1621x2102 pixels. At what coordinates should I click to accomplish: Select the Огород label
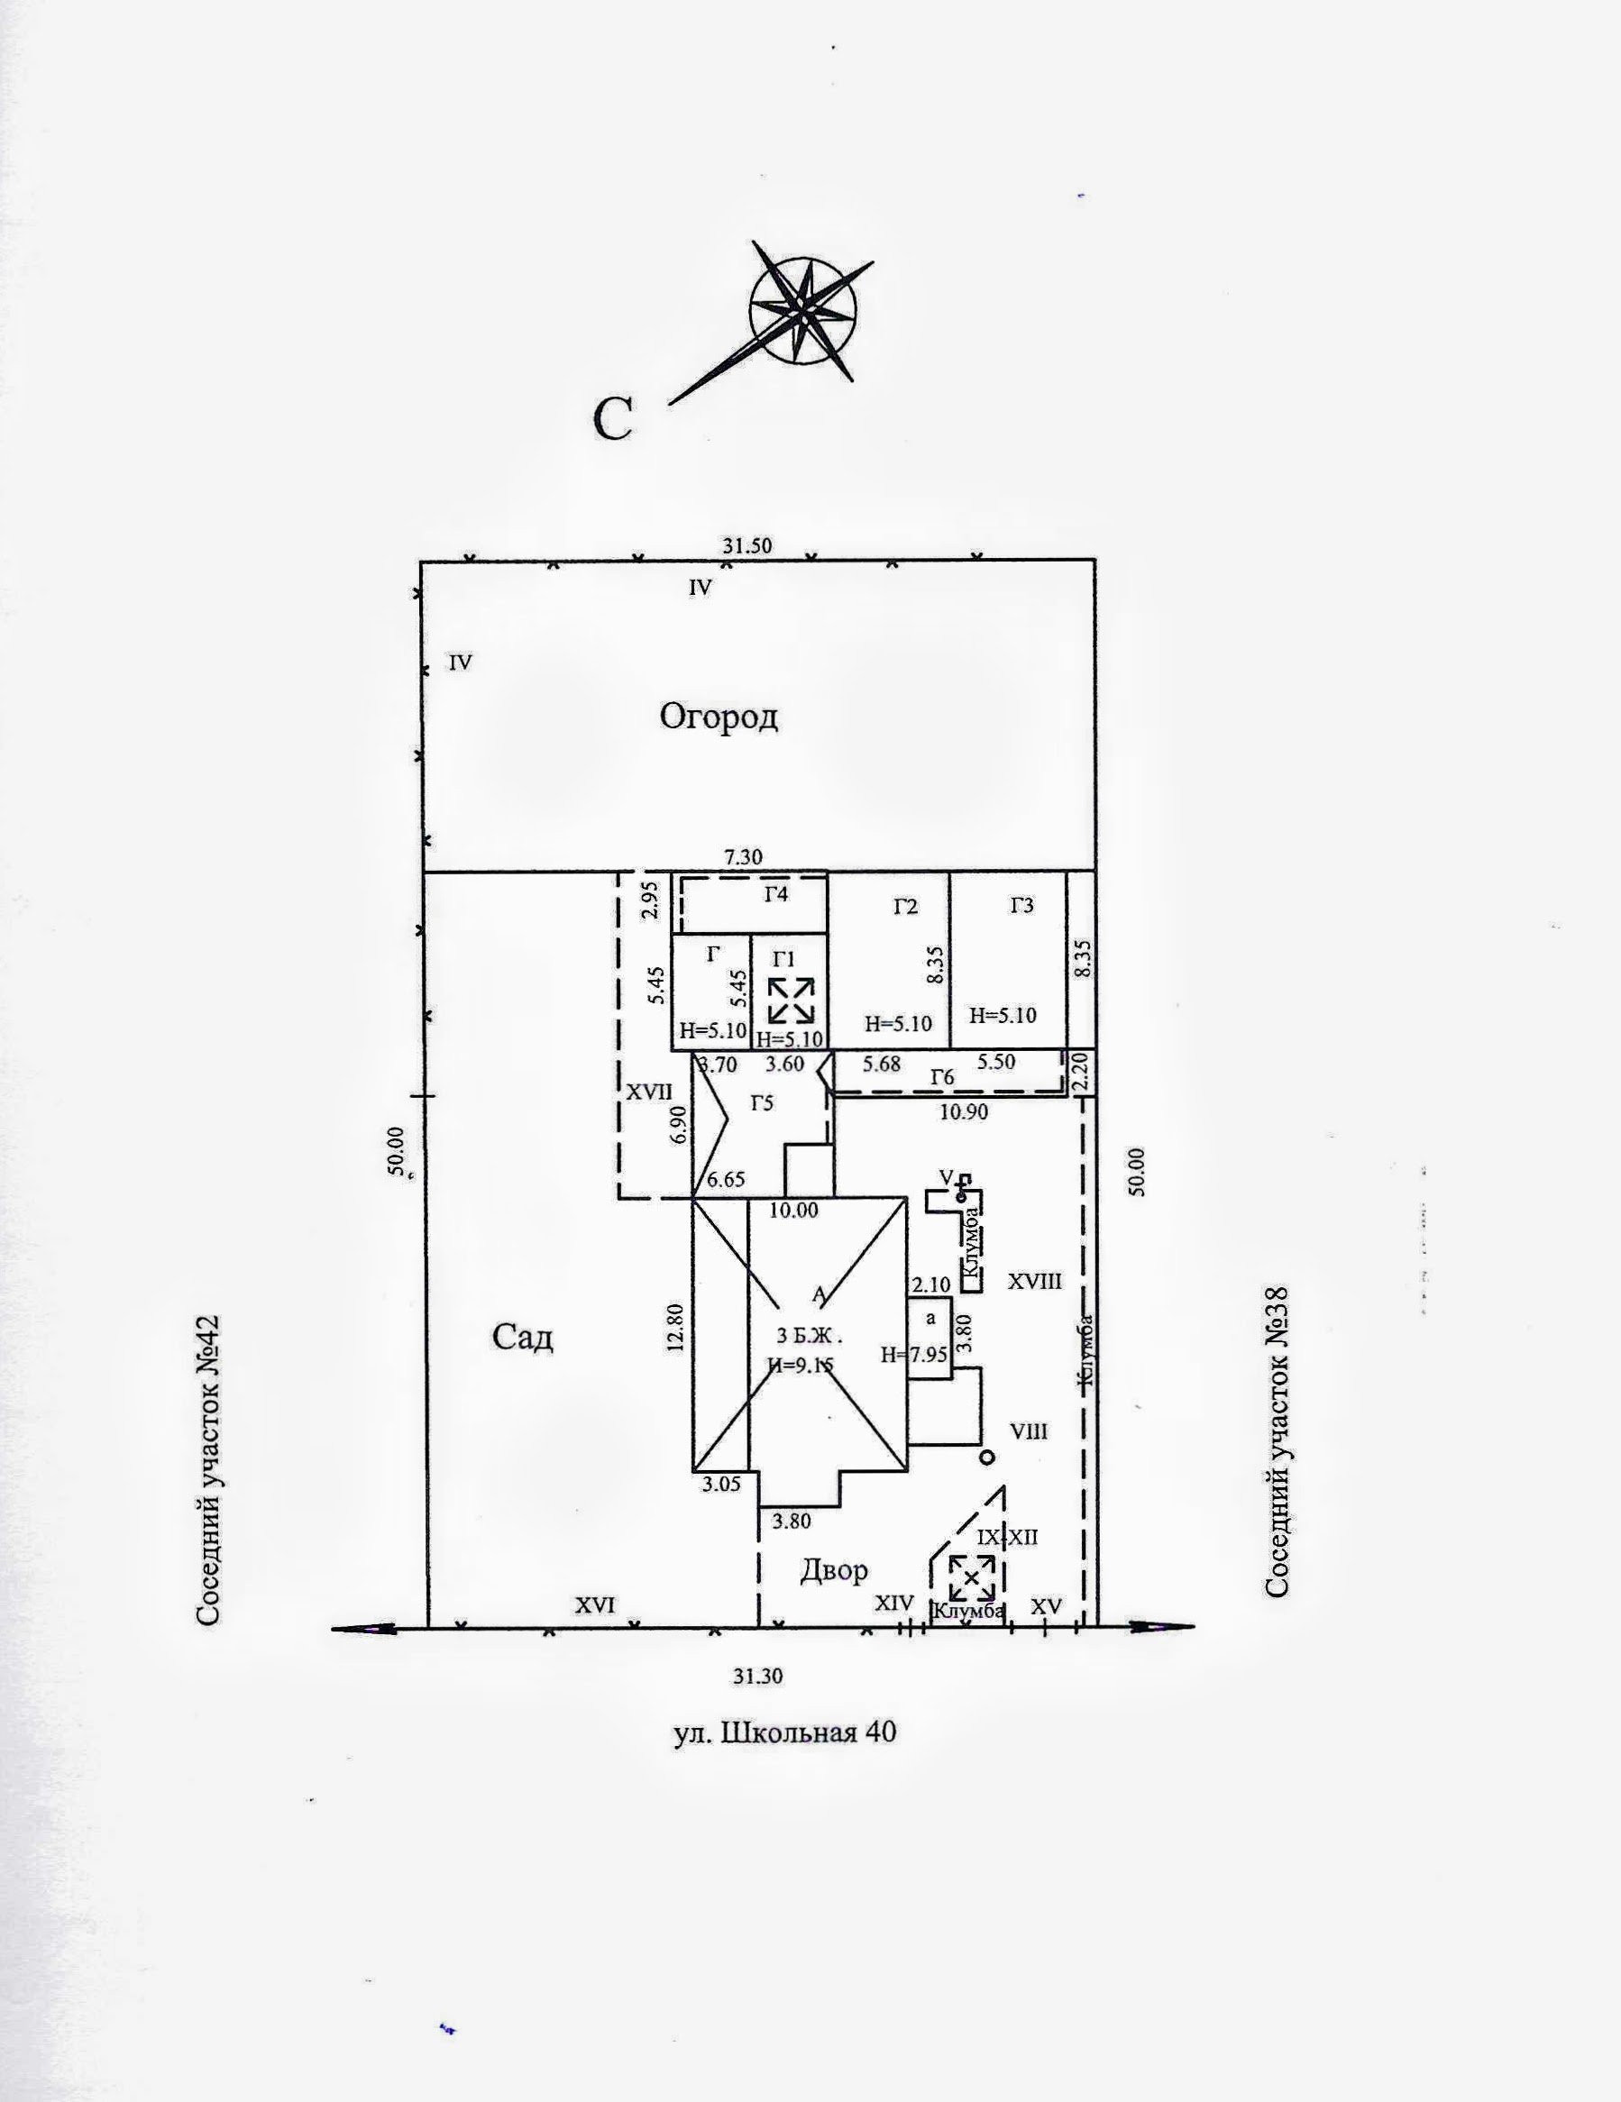(x=719, y=717)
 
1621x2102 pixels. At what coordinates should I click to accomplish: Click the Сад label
(x=523, y=1337)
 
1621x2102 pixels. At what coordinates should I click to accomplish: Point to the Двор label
(x=834, y=1570)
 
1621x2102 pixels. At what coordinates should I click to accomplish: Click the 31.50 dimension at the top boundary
(x=748, y=545)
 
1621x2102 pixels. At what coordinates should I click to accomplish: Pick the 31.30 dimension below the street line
(x=757, y=1676)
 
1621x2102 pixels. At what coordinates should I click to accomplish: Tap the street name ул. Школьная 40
(x=783, y=1732)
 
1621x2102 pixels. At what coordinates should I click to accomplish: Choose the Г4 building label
(x=776, y=894)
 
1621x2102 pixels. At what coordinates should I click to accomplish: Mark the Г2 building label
(x=905, y=906)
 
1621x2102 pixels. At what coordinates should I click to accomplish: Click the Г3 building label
(x=1021, y=906)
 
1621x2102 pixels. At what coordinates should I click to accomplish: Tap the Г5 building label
(x=762, y=1103)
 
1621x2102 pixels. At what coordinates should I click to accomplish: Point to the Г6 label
(x=942, y=1078)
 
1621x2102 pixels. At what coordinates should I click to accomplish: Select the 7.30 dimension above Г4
(x=742, y=856)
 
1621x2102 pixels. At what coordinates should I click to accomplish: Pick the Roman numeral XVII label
(x=650, y=1092)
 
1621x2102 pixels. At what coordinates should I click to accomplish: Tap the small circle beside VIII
(x=985, y=1458)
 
